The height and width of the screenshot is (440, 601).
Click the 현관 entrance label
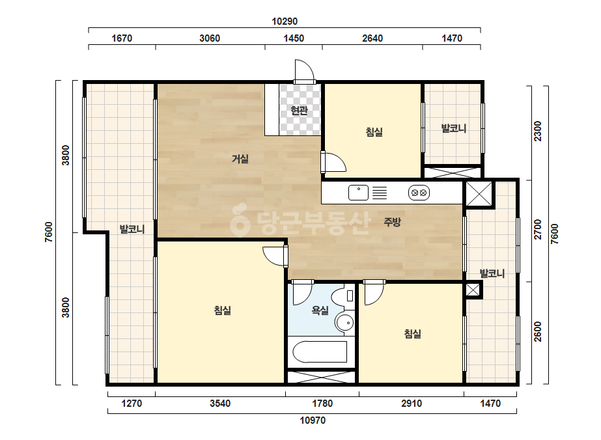coord(300,111)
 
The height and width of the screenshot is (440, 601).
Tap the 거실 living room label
coord(240,158)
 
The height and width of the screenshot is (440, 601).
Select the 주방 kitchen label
coord(392,221)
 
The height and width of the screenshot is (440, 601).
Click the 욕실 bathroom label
coord(320,310)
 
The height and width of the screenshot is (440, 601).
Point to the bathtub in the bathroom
coord(320,351)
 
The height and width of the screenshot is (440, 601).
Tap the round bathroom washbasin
coord(344,323)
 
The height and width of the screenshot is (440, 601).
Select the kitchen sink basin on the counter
coord(358,193)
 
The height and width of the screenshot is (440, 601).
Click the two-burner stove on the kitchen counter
coord(419,193)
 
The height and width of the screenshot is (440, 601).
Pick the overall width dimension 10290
coord(285,21)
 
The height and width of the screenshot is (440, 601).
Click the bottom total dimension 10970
coord(313,420)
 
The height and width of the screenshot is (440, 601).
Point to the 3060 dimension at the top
coord(210,38)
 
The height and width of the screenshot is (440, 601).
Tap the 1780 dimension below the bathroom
coord(322,404)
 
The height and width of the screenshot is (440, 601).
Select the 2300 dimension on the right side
coord(538,131)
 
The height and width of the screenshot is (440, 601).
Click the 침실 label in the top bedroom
coord(374,132)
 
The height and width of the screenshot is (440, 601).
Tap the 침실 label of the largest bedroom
coord(223,310)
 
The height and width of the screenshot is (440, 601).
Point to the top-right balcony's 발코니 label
coord(454,128)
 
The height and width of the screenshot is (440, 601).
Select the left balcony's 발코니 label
coord(132,230)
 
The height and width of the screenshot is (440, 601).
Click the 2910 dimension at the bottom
coord(412,404)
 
